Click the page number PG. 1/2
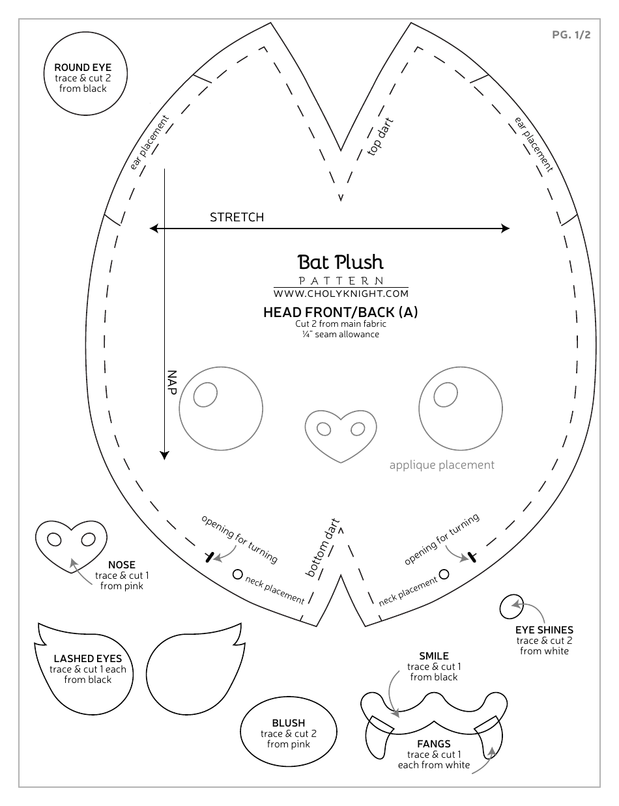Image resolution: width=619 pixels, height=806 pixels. click(x=571, y=35)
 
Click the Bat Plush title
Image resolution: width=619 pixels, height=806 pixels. click(x=340, y=262)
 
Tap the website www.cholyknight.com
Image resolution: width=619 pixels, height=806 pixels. click(x=340, y=292)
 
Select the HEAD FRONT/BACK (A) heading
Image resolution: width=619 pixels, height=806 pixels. click(x=340, y=312)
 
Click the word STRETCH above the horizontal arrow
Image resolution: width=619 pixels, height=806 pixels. click(x=237, y=217)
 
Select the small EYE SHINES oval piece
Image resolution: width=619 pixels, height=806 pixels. click(x=511, y=608)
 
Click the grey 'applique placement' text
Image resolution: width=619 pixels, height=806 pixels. click(x=442, y=465)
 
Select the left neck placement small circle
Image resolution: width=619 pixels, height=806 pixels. click(x=237, y=574)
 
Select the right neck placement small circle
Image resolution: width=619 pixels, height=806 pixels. click(x=444, y=574)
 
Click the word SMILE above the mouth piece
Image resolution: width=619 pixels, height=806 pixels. click(x=433, y=656)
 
